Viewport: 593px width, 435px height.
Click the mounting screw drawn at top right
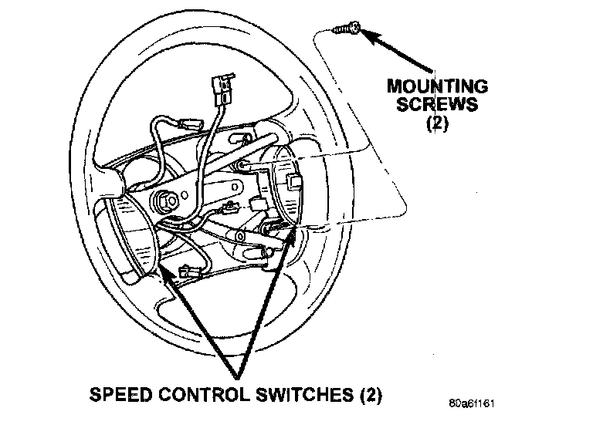(x=344, y=29)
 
